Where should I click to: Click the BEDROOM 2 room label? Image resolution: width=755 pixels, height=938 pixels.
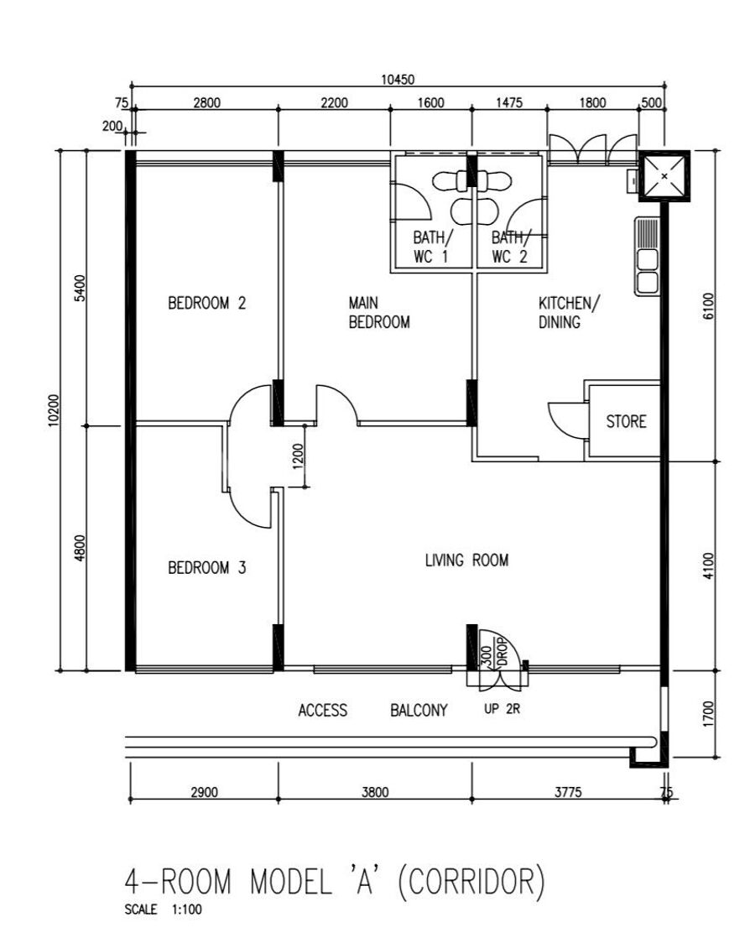tap(206, 303)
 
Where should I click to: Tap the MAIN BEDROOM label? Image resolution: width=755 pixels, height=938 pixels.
tap(379, 312)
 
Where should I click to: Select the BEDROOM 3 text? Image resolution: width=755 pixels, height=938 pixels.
tap(206, 567)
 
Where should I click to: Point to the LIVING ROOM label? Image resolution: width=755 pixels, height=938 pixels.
tap(466, 560)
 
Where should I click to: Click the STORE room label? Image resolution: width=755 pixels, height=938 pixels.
tap(627, 422)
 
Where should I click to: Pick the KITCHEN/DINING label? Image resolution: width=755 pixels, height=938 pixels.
tap(568, 312)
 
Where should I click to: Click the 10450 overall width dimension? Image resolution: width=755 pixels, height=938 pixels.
tap(398, 79)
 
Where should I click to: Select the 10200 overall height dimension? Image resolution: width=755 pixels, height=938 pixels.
tap(54, 410)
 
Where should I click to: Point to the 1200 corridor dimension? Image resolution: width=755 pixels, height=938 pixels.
tap(299, 456)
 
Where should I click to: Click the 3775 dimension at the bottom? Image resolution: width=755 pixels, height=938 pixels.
tap(568, 792)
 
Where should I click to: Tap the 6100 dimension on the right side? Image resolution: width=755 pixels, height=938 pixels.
tap(708, 305)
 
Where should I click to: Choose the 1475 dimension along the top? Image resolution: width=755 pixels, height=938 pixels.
tap(509, 103)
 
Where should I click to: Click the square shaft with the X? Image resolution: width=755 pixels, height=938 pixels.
tap(664, 176)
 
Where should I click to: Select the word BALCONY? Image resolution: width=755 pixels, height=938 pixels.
tap(419, 710)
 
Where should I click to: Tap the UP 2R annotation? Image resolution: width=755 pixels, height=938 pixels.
tap(502, 710)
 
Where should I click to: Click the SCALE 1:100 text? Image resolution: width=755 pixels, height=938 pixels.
tap(164, 909)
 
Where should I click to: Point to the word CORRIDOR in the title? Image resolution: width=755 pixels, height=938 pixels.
tap(472, 881)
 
